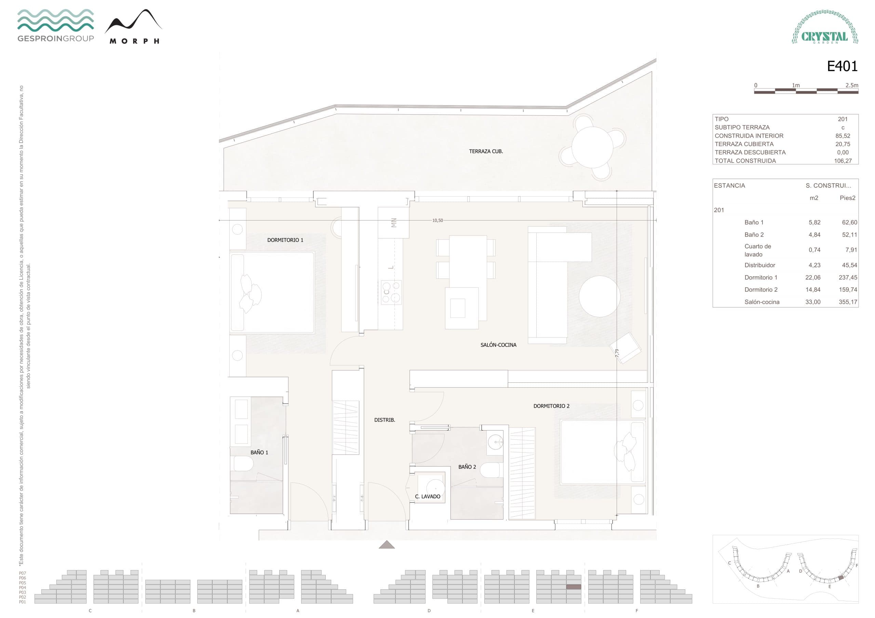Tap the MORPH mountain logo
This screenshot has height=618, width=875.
coord(134,27)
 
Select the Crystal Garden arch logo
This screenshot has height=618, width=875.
coord(825,27)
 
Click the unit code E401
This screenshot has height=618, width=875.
coord(842,67)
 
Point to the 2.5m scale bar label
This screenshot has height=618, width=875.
coord(852,85)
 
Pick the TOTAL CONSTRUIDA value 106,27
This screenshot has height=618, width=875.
coord(843,161)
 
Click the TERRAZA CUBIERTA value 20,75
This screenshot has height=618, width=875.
coord(843,144)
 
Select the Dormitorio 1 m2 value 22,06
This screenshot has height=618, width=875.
coord(812,278)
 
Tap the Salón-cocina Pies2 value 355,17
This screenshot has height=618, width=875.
coord(848,302)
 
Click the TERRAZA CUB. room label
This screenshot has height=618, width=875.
coord(486,152)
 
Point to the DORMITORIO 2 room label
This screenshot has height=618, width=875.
coord(551,406)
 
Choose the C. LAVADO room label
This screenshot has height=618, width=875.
coord(427,496)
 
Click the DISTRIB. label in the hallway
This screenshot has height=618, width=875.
coord(385,420)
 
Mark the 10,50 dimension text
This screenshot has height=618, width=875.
coord(437,221)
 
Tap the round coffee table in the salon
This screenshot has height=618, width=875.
coord(600,296)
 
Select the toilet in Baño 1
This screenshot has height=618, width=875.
coord(243,463)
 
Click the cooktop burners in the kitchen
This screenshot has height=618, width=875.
coord(391,292)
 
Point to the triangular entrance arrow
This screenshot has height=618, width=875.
coord(387,545)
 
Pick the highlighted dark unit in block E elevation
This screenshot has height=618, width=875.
coord(574,587)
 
